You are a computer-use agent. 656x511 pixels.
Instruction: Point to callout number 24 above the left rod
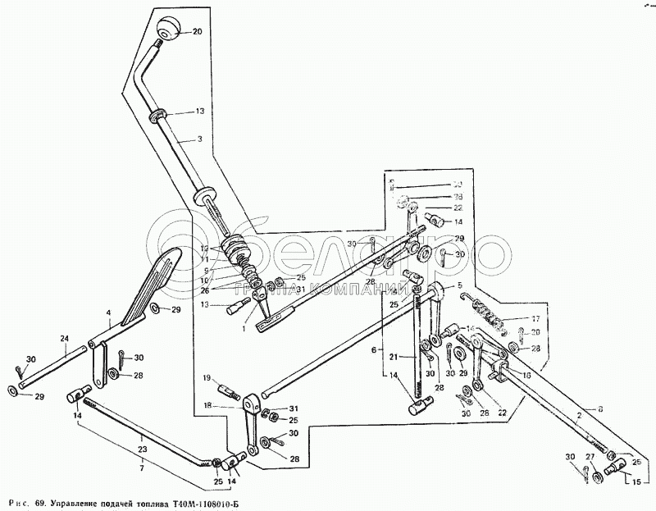(65, 338)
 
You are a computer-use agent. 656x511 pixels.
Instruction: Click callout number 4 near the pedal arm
(108, 313)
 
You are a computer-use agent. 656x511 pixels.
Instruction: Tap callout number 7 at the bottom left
(141, 467)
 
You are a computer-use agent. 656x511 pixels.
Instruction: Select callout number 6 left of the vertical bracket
(374, 349)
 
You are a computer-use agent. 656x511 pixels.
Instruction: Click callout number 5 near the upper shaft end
(460, 284)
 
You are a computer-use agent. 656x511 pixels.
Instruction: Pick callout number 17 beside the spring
(535, 319)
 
